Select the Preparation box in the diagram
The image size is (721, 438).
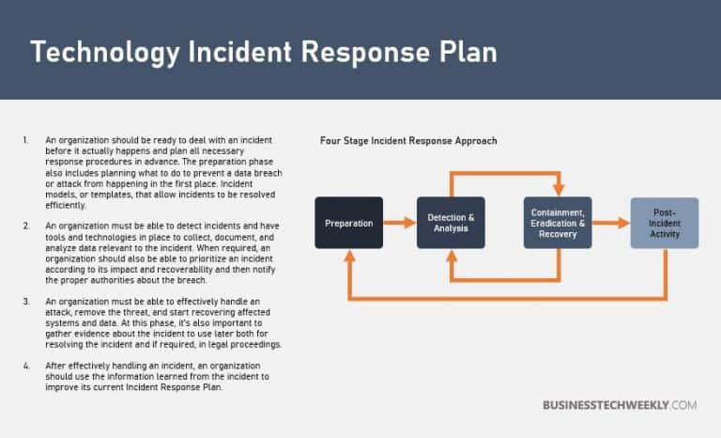349,223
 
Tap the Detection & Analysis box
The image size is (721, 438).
451,223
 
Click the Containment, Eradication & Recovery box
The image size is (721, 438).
558,223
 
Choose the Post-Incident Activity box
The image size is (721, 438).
664,223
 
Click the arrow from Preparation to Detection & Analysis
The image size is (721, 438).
400,223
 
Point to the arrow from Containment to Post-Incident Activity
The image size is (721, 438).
610,223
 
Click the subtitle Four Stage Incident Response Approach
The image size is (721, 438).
408,141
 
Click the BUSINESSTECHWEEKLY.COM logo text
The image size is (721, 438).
620,405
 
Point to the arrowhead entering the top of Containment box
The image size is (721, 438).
558,191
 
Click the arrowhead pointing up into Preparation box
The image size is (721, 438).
349,255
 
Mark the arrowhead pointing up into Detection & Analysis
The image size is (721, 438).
451,255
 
